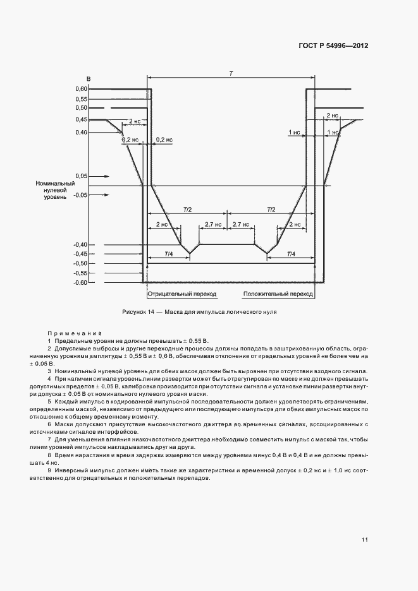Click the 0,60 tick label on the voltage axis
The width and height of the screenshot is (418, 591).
pyautogui.click(x=80, y=89)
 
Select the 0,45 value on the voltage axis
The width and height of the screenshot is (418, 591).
pyautogui.click(x=80, y=119)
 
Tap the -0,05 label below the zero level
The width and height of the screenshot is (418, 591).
pyautogui.click(x=80, y=196)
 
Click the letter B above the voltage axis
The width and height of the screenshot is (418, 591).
pyautogui.click(x=89, y=79)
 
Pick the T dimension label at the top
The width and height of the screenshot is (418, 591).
pyautogui.click(x=231, y=75)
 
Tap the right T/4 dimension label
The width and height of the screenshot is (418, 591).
pyautogui.click(x=290, y=254)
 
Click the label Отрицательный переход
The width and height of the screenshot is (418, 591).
pyautogui.click(x=181, y=294)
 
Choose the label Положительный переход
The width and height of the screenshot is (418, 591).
pyautogui.click(x=278, y=294)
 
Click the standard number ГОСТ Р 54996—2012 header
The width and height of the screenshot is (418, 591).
pyautogui.click(x=333, y=46)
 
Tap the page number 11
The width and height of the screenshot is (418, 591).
pyautogui.click(x=365, y=540)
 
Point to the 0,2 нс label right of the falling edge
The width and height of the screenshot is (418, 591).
pyautogui.click(x=163, y=140)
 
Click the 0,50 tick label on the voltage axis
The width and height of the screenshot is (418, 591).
pyautogui.click(x=80, y=108)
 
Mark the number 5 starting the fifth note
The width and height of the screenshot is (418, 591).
pyautogui.click(x=49, y=401)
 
